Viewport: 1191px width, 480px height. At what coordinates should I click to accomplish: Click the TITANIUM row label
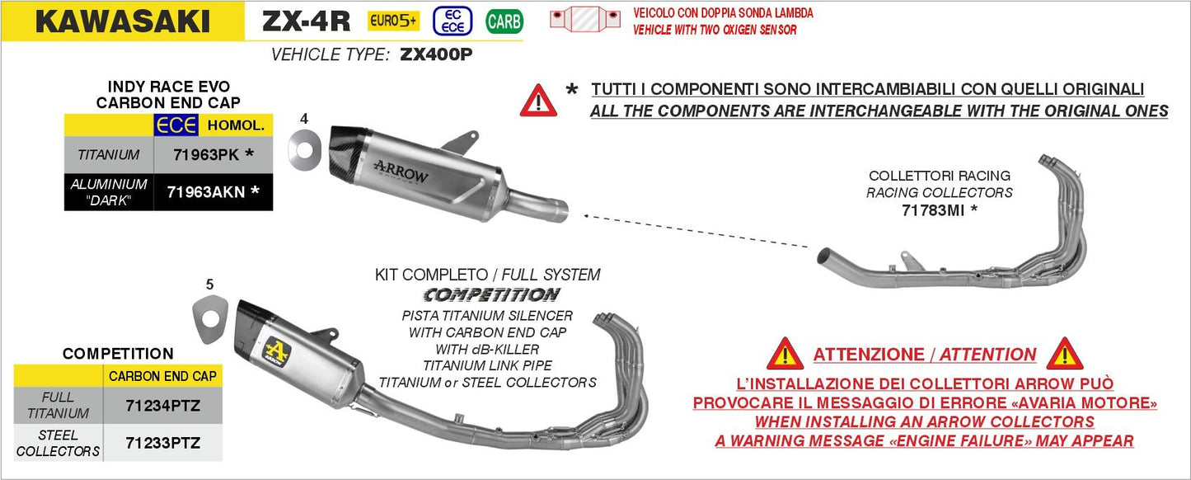coord(109,154)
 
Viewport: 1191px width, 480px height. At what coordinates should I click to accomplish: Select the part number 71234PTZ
coord(162,405)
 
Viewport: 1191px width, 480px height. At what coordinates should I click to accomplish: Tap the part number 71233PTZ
coord(162,443)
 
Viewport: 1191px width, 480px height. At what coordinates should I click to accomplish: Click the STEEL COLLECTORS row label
coord(58,443)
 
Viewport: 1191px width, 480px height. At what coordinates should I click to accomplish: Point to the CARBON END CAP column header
coord(162,376)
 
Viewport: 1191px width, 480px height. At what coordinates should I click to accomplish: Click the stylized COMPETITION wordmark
coord(491,294)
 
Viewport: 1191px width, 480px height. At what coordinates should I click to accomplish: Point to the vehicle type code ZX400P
coord(437,56)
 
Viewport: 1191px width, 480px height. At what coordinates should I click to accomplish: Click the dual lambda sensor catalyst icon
coord(587,21)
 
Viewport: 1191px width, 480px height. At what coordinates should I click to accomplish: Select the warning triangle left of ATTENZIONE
coord(785,354)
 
